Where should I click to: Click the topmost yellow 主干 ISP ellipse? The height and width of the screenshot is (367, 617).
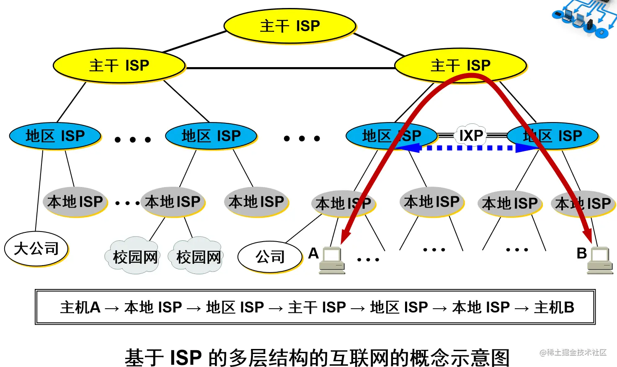coord(290,26)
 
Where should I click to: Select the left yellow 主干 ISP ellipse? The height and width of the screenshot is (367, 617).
coord(119,65)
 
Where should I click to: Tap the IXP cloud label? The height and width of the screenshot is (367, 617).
coord(471,135)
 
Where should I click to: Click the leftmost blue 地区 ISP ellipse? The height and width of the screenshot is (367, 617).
coord(55,136)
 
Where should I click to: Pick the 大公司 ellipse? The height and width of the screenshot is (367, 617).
coord(36,249)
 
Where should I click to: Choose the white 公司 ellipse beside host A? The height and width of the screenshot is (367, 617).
coord(270,257)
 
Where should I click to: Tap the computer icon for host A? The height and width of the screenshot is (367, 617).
coord(332,260)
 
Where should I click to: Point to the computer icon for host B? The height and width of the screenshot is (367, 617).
coord(600,260)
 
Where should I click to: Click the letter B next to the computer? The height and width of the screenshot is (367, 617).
coord(581,253)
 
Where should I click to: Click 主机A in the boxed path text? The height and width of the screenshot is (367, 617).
coord(80,307)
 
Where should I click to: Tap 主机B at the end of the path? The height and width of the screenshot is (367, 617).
coord(554,307)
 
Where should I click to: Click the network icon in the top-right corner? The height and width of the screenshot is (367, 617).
coord(585,18)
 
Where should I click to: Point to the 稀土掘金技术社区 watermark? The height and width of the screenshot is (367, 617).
coord(573,352)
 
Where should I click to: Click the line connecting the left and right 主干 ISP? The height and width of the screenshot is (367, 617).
coord(290,68)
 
